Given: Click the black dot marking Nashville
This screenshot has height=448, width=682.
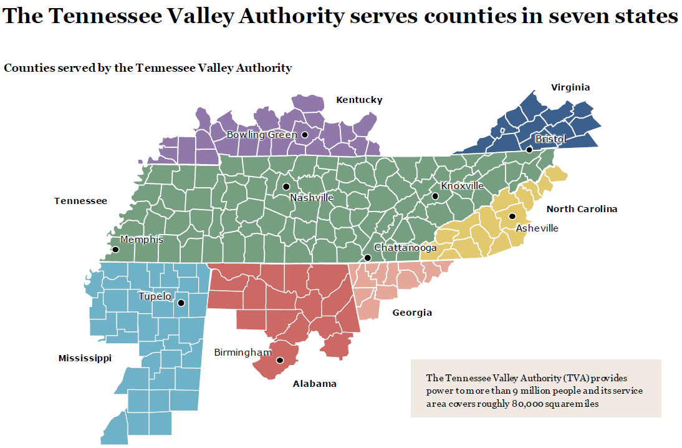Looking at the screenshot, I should click(x=286, y=187).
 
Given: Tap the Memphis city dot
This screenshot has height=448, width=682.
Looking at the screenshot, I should click(x=115, y=250).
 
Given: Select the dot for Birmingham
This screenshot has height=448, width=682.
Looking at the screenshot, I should click(x=280, y=360).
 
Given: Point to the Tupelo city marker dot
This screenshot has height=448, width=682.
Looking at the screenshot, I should click(x=181, y=303).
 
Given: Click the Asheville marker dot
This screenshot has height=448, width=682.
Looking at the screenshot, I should click(x=512, y=217).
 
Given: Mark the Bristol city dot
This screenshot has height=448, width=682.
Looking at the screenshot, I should click(x=529, y=149).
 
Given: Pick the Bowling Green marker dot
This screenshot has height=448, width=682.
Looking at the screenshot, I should click(x=305, y=135).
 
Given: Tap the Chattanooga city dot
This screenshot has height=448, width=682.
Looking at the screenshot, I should click(x=368, y=258).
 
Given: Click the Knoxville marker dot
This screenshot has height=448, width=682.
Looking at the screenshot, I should click(x=435, y=197).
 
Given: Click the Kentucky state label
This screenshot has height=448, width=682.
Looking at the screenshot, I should click(x=359, y=100).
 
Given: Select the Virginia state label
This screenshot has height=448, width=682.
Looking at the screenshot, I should click(x=570, y=87).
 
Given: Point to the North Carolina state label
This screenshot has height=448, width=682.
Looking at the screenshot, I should click(x=582, y=209).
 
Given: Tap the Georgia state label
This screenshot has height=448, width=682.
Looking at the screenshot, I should click(x=411, y=313).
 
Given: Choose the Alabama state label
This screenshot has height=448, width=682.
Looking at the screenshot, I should click(x=314, y=384).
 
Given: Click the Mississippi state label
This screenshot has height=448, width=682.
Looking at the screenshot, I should click(x=85, y=358).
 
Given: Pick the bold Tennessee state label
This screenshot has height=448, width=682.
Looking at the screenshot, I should click(x=80, y=201).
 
